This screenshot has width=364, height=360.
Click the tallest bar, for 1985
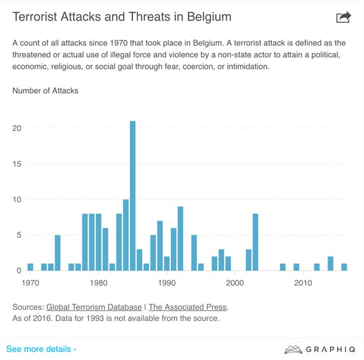[x=132, y=196]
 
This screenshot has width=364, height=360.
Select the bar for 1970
[x=30, y=267]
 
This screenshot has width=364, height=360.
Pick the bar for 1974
[x=58, y=253]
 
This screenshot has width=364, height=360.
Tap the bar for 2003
[x=255, y=242]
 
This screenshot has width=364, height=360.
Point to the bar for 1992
[x=180, y=239]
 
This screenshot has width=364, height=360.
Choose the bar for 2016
[x=344, y=267]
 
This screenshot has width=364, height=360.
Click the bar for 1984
[x=126, y=235]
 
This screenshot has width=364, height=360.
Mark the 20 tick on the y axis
[x=17, y=128]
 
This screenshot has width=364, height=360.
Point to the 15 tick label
[x=17, y=164]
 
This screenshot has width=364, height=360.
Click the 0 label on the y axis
[x=19, y=271]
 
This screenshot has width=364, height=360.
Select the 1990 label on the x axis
[x=167, y=283]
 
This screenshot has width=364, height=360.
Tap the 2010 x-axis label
[x=303, y=283]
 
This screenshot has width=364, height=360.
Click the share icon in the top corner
[x=344, y=17]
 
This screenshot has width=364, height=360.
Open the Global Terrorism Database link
[x=94, y=307]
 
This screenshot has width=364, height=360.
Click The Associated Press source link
[x=188, y=307]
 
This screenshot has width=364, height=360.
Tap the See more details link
[x=41, y=349]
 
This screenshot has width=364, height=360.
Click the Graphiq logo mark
[x=293, y=349]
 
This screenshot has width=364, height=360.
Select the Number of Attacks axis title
[x=45, y=90]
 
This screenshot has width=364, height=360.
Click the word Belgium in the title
[x=209, y=17]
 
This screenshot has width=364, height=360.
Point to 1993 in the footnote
[x=95, y=318]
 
